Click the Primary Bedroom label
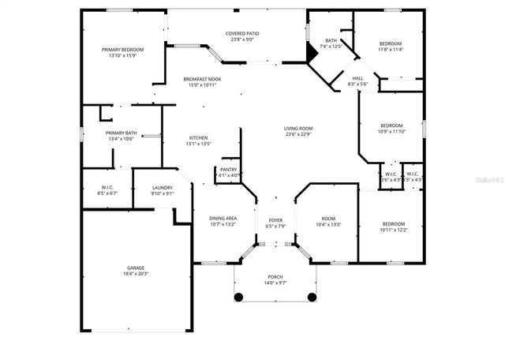(122, 50)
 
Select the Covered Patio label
(242, 33)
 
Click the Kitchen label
(198, 137)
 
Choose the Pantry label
(229, 169)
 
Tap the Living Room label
(299, 128)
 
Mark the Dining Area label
(223, 218)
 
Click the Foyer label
(275, 221)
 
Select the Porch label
(275, 276)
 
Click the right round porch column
(312, 297)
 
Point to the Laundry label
(162, 187)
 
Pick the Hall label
(357, 78)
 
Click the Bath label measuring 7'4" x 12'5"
(331, 41)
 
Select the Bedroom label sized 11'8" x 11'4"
(390, 43)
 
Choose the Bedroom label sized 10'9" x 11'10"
(392, 126)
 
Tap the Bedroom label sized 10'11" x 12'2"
(393, 223)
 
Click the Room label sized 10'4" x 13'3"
(328, 218)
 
